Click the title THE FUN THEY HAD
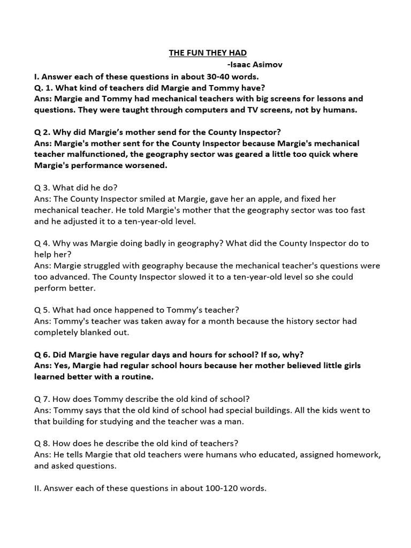click(208, 52)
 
